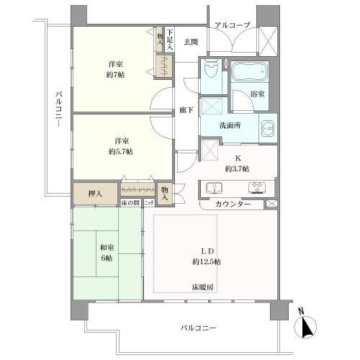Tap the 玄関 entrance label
[x=190, y=42]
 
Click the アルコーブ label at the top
[x=232, y=26]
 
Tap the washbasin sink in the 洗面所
[x=267, y=128]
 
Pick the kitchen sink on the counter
[x=215, y=188]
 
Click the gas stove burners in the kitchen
[x=257, y=188]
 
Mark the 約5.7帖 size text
[x=120, y=151]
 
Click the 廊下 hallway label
[x=186, y=111]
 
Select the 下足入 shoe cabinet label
[x=169, y=38]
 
